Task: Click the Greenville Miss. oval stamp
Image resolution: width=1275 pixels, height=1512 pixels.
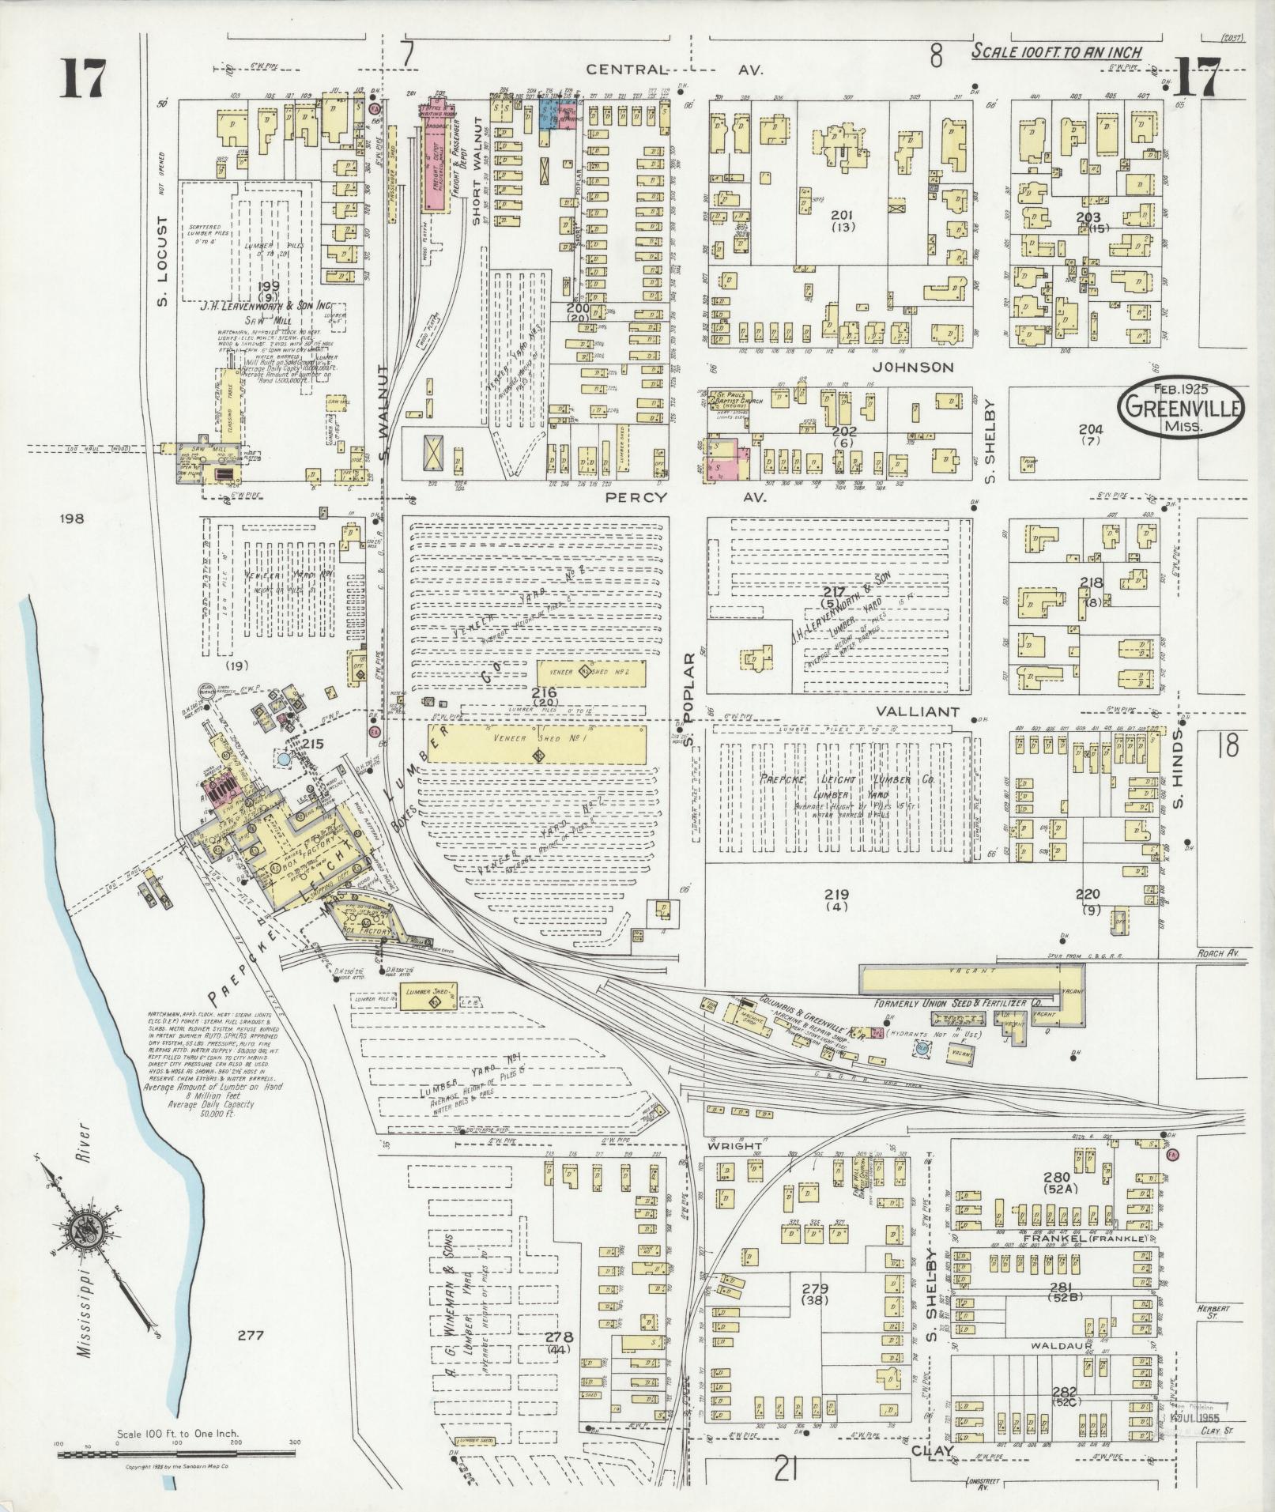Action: click(1180, 405)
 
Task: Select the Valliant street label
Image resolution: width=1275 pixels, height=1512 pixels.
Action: click(916, 711)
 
